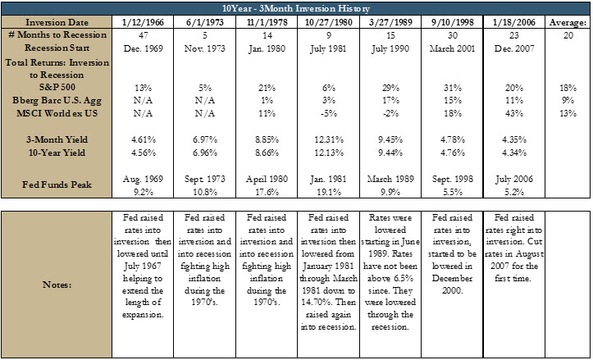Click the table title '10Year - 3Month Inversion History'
pyautogui.click(x=296, y=8)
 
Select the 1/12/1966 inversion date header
pyautogui.click(x=143, y=22)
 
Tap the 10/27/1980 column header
pyautogui.click(x=328, y=22)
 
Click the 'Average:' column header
pyautogui.click(x=568, y=23)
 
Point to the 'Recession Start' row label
pyautogui.click(x=57, y=48)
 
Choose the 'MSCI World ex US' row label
pyautogui.click(x=57, y=113)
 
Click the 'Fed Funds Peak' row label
pyautogui.click(x=57, y=185)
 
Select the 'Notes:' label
pyautogui.click(x=57, y=285)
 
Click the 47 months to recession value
pyautogui.click(x=143, y=35)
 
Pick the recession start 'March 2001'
pyautogui.click(x=452, y=48)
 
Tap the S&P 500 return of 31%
pyautogui.click(x=452, y=88)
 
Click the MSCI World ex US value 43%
pyautogui.click(x=514, y=113)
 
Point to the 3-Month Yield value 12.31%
pyautogui.click(x=328, y=139)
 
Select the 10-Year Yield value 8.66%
pyautogui.click(x=267, y=153)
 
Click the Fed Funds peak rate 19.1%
pyautogui.click(x=328, y=192)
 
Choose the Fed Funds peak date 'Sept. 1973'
pyautogui.click(x=204, y=179)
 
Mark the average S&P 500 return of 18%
pyautogui.click(x=568, y=88)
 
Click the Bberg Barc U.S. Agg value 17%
pyautogui.click(x=390, y=101)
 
